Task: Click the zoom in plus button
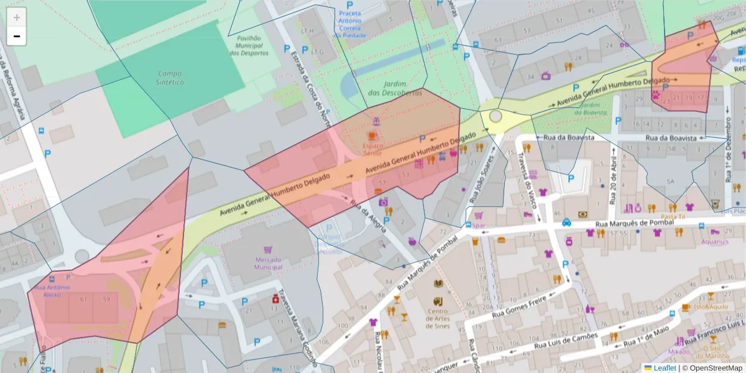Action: tap(17, 17)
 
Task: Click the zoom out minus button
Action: tap(17, 37)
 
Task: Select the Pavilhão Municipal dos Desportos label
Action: tap(249, 45)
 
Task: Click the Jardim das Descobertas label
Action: tap(387, 88)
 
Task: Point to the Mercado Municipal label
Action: tap(268, 263)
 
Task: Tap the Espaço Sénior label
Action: tap(373, 149)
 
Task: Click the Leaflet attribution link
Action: tap(665, 368)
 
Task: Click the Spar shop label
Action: tap(478, 226)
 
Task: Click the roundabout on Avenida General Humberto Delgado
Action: tap(495, 116)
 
